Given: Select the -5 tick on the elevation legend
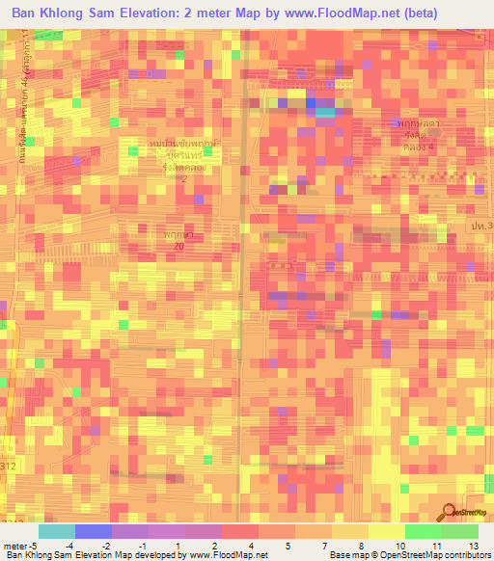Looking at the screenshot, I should click(36, 545).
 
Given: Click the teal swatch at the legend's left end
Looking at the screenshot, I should click(57, 531).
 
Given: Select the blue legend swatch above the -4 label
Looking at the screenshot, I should click(94, 531).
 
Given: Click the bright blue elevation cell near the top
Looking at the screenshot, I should click(312, 101).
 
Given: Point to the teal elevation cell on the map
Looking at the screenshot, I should click(327, 112).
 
